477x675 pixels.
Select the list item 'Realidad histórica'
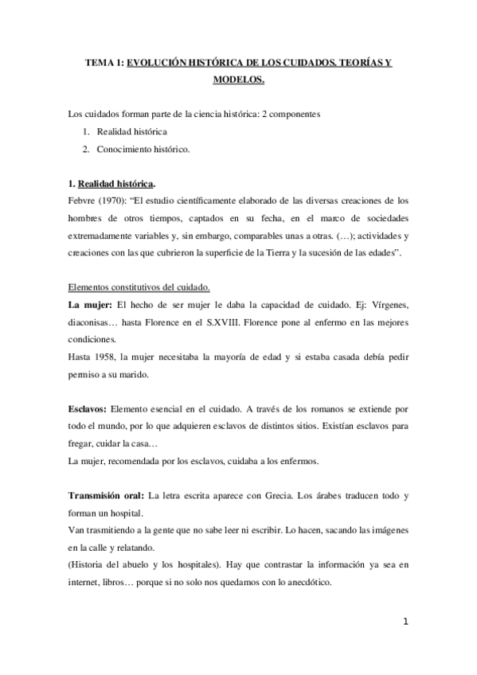coord(132,131)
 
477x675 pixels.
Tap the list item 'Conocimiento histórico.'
coord(143,149)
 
